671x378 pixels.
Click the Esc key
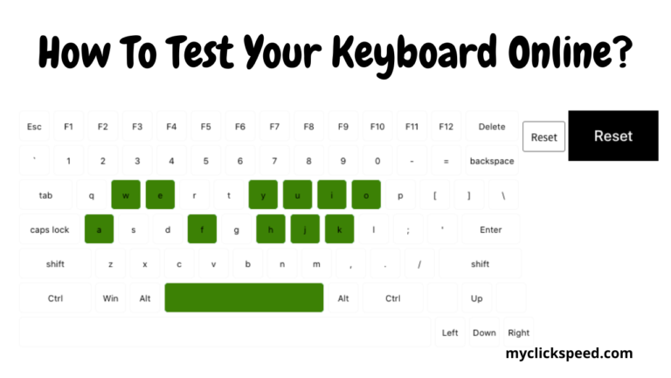click(x=34, y=127)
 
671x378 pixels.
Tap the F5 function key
click(x=205, y=127)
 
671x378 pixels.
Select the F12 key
click(x=446, y=127)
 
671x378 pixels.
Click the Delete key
click(x=492, y=127)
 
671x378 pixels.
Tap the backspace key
click(x=492, y=161)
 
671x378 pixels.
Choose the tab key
click(x=45, y=195)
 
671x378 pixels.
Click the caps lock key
click(x=50, y=230)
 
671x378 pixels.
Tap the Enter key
click(x=491, y=230)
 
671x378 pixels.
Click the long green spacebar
click(x=244, y=297)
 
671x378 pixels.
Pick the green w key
click(x=126, y=195)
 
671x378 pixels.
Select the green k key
click(x=339, y=230)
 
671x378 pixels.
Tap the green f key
click(x=202, y=230)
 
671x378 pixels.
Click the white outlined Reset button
click(x=543, y=137)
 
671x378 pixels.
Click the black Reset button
click(x=612, y=136)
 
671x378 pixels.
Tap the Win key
click(x=110, y=298)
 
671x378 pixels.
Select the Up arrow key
click(x=476, y=298)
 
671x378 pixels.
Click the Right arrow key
click(x=518, y=332)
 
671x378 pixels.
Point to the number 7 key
click(x=274, y=161)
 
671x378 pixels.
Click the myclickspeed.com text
click(x=569, y=353)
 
